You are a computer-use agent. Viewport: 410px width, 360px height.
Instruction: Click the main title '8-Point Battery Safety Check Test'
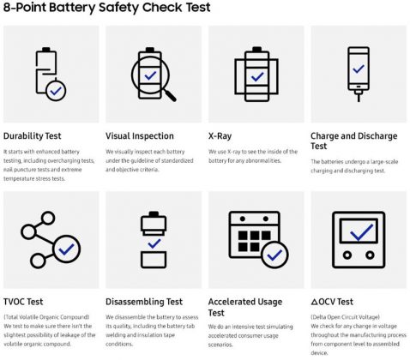click(x=107, y=7)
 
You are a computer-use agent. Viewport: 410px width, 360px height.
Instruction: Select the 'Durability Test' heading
click(x=33, y=136)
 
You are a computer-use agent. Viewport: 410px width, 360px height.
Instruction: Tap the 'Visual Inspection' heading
click(x=140, y=136)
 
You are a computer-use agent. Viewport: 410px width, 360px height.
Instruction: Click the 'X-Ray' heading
click(x=220, y=136)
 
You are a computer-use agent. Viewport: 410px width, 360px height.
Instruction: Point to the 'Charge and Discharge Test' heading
click(x=354, y=141)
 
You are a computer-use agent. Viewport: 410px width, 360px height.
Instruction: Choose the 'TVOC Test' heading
click(x=23, y=302)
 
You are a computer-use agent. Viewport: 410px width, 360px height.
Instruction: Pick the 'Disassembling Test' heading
click(x=144, y=302)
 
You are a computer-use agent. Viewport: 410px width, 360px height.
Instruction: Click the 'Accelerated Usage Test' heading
click(x=245, y=307)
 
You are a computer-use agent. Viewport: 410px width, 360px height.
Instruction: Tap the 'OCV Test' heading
click(x=332, y=302)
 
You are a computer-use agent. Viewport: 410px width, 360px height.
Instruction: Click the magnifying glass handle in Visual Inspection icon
click(x=171, y=95)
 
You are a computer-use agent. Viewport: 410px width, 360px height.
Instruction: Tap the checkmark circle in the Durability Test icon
click(x=56, y=91)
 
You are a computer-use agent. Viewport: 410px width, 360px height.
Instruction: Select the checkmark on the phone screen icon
click(x=359, y=69)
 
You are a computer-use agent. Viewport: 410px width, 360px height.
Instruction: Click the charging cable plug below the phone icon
click(x=359, y=96)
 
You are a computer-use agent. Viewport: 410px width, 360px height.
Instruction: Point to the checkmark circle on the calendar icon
click(x=274, y=255)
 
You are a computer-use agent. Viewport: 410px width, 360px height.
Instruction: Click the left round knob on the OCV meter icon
click(x=347, y=255)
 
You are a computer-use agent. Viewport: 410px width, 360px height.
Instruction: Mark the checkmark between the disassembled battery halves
click(x=154, y=243)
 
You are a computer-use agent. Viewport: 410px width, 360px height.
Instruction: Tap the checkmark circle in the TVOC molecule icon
click(x=67, y=249)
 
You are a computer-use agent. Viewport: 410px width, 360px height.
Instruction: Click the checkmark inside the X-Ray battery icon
click(x=257, y=76)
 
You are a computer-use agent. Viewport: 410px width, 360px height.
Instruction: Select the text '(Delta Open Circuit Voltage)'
click(x=345, y=317)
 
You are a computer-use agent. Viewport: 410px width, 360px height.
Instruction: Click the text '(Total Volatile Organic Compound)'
click(x=46, y=317)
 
